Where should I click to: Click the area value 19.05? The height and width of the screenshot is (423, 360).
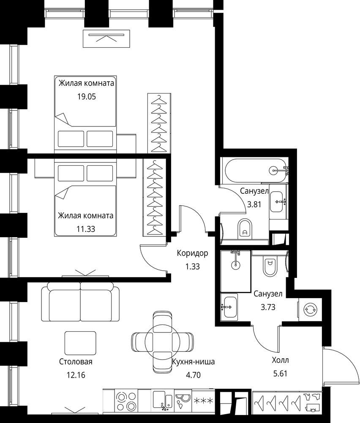click(x=87, y=96)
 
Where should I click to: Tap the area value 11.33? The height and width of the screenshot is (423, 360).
click(x=86, y=229)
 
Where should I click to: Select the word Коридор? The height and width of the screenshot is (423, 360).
click(x=192, y=253)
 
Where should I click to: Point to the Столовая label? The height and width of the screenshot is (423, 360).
click(x=76, y=362)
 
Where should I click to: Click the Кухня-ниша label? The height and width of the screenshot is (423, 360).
click(x=194, y=362)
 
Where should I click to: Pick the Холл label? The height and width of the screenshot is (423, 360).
click(x=280, y=360)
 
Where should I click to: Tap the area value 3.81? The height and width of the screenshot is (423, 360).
click(x=254, y=204)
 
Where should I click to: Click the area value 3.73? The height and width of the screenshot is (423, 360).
click(x=268, y=307)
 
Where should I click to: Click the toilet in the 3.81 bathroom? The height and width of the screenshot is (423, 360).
click(x=245, y=229)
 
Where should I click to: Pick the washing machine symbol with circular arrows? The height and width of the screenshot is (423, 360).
click(x=310, y=310)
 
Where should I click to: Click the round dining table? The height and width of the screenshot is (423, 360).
click(x=162, y=342)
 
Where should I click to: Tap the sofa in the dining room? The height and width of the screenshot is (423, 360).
click(x=80, y=302)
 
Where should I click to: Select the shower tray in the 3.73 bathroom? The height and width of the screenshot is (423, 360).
click(x=236, y=272)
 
